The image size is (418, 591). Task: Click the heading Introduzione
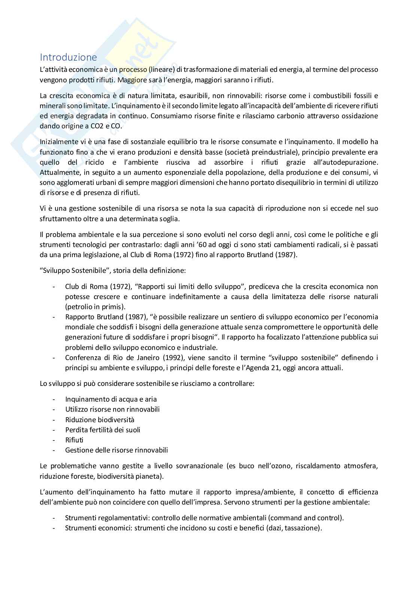tap(68, 57)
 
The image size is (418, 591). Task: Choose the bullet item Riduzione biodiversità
tap(100, 420)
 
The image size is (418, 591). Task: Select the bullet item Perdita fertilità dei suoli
tap(103, 430)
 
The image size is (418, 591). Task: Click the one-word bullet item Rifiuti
tap(74, 440)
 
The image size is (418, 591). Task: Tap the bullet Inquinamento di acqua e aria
tap(111, 399)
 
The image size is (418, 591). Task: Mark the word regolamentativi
tap(122, 518)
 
